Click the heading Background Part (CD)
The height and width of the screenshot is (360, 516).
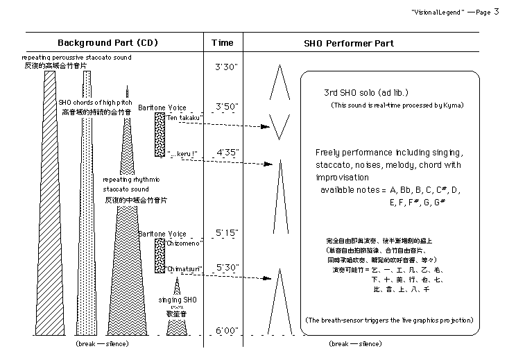108,43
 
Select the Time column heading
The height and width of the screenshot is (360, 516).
223,43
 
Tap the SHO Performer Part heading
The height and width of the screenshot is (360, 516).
349,43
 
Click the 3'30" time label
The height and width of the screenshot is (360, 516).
227,67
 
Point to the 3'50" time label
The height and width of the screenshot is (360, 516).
227,107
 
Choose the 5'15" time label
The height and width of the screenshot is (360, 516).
227,232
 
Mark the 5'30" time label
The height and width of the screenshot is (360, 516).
227,267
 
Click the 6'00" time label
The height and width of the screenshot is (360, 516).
227,331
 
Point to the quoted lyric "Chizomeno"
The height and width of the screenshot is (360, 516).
184,243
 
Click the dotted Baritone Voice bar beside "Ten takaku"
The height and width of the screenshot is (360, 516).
160,135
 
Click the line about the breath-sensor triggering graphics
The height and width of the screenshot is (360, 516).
389,320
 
